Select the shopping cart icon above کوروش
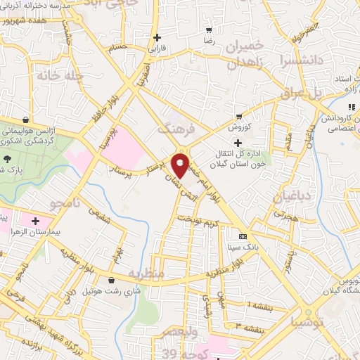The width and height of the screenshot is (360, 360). [239, 116]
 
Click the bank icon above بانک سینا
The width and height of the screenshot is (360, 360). [243, 236]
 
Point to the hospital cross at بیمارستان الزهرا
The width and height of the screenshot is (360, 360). [35, 221]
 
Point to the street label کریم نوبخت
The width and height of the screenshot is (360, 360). [198, 222]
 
